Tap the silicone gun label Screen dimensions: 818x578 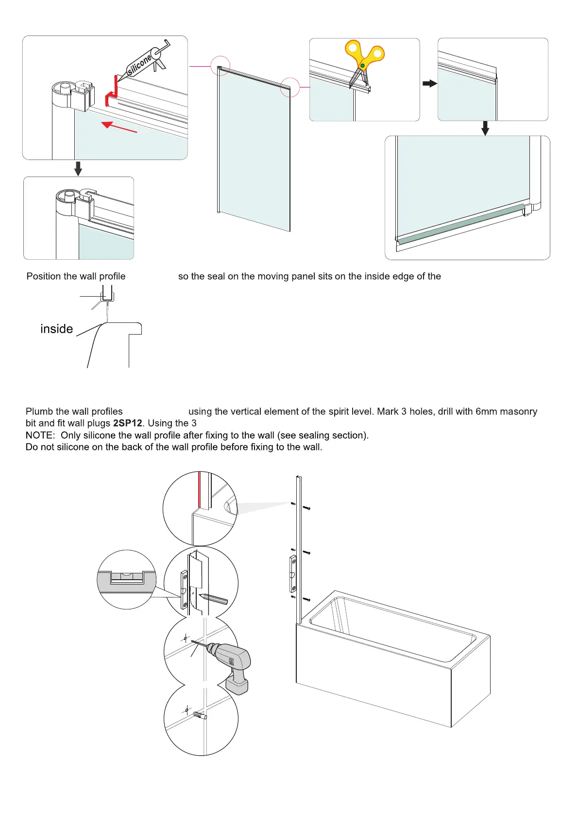click(x=139, y=65)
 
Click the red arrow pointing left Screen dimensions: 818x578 click(x=119, y=127)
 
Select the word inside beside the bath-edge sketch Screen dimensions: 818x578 click(x=56, y=329)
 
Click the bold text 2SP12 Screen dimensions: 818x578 click(x=127, y=423)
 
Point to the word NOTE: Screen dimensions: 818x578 click(x=40, y=435)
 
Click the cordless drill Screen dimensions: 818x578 click(x=231, y=664)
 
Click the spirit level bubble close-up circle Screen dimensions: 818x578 click(x=127, y=579)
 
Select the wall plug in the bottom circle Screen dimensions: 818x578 click(x=200, y=715)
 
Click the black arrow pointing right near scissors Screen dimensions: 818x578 click(x=429, y=84)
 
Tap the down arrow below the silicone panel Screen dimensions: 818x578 click(x=78, y=168)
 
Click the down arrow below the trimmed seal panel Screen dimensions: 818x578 click(x=485, y=128)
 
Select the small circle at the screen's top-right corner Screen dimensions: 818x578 click(x=290, y=88)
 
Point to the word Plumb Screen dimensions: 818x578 click(x=39, y=411)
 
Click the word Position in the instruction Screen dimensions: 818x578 click(x=44, y=276)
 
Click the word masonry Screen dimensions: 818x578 click(x=518, y=411)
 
